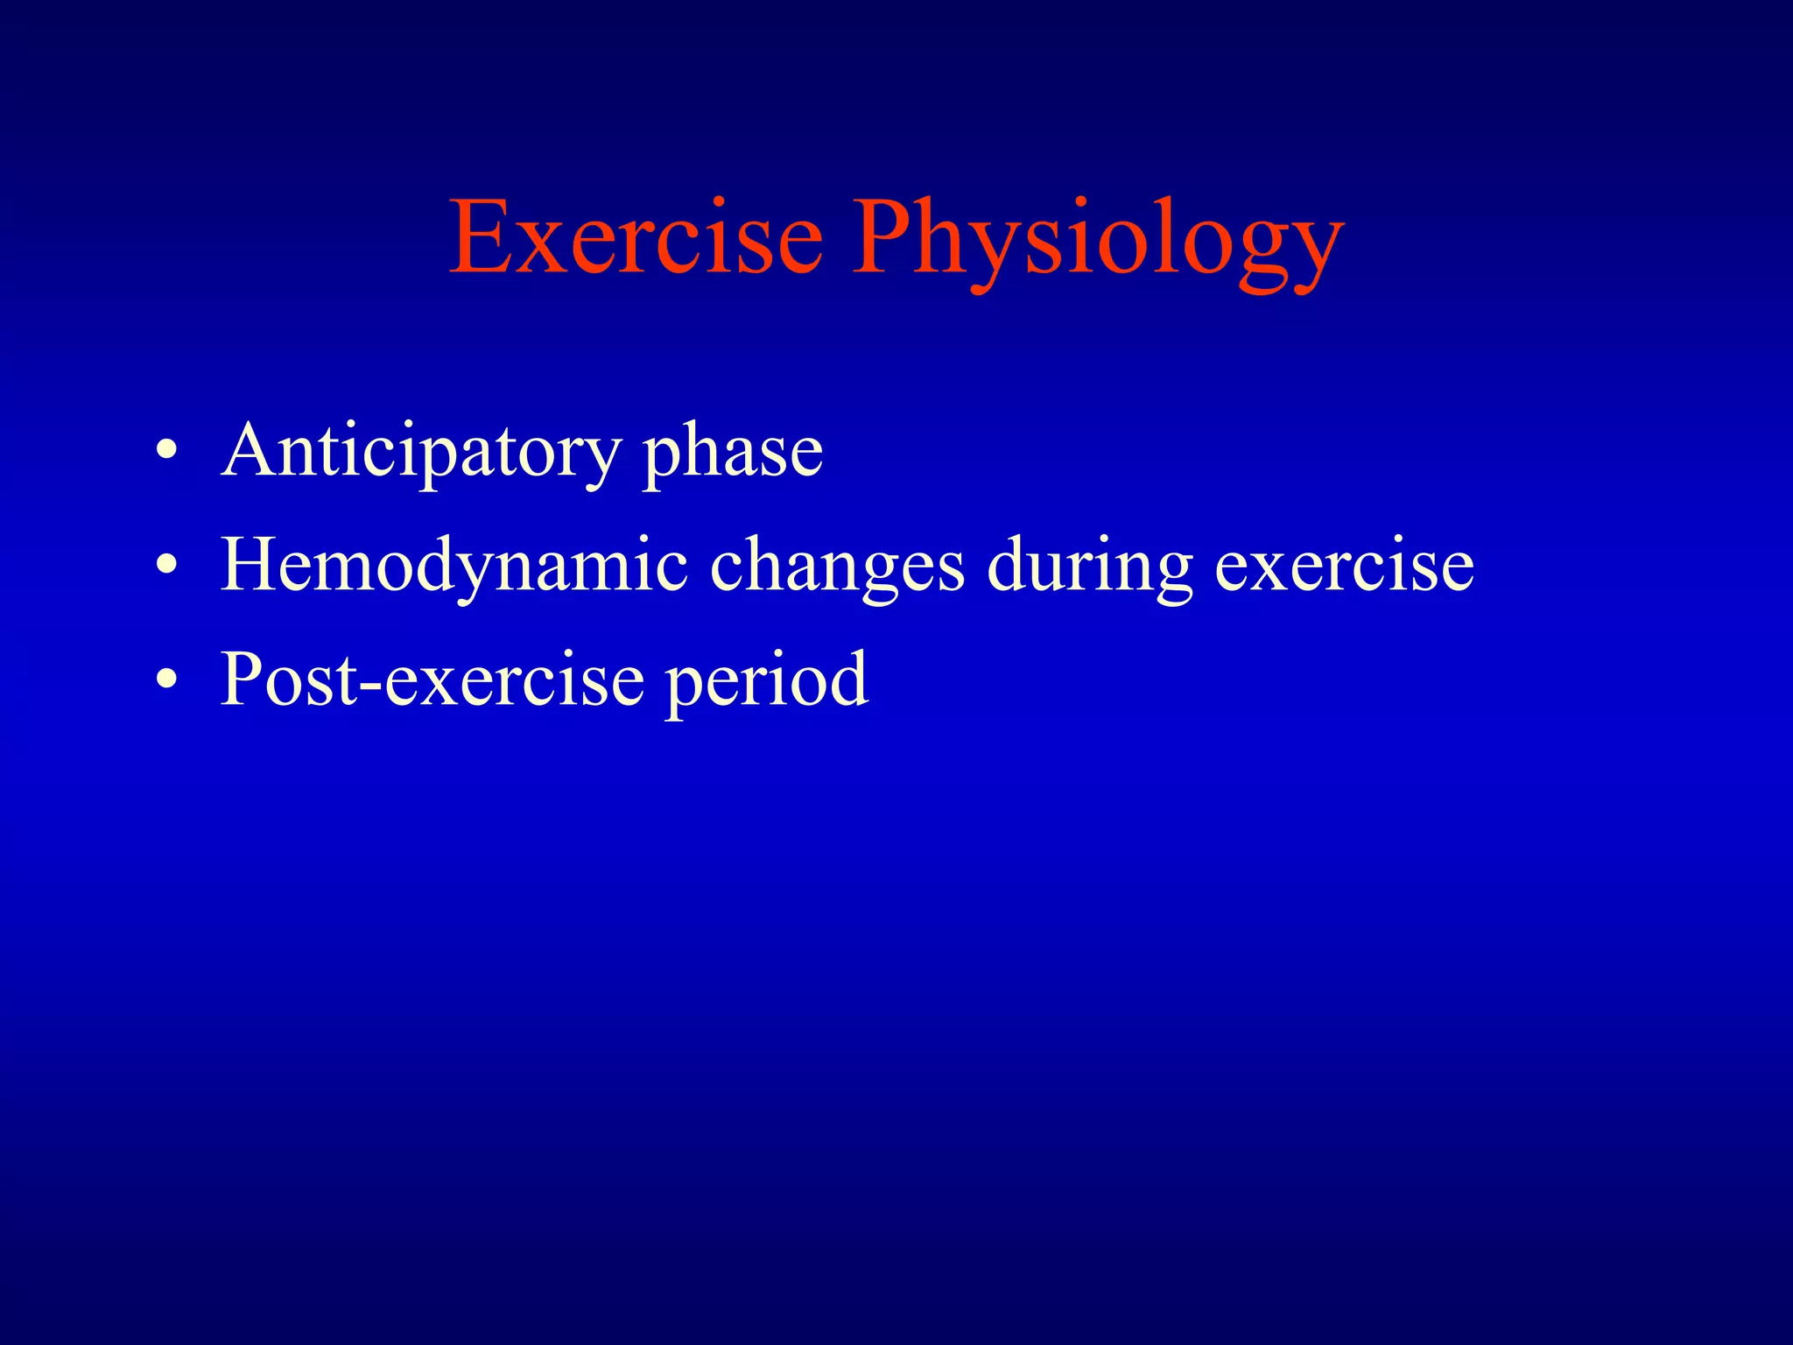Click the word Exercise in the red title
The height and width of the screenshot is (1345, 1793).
pos(636,237)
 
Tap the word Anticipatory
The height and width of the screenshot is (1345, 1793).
pos(421,453)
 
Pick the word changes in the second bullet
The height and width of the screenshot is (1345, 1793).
pos(837,567)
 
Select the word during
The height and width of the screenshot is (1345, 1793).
pos(1090,567)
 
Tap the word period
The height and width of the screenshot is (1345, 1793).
pos(766,681)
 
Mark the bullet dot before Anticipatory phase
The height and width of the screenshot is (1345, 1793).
pos(167,453)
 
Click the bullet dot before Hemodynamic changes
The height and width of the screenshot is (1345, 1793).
pos(167,567)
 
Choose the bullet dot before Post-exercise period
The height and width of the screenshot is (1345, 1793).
pos(167,680)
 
